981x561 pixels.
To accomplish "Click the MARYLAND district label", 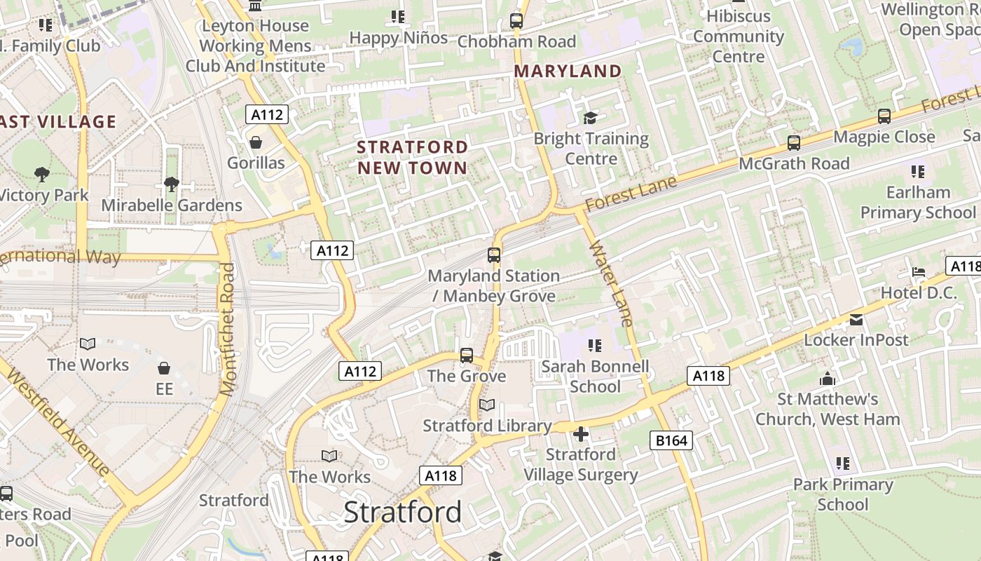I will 568,72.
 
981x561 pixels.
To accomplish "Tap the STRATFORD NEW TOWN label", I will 412,157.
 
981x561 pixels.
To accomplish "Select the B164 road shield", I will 671,440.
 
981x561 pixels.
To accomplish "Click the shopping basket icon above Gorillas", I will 256,142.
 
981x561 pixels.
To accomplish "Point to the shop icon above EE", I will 164,368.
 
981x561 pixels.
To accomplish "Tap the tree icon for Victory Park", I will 42,174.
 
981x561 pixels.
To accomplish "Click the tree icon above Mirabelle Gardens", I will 171,184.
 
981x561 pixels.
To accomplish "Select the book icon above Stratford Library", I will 487,405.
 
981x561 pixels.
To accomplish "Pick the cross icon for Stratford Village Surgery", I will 580,435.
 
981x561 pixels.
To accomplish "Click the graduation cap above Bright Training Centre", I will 591,118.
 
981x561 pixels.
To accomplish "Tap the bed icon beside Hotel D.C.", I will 919,272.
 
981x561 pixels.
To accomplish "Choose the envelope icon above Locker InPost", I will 856,320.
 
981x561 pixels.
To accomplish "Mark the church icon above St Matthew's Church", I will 828,379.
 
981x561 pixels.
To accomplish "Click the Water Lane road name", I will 612,283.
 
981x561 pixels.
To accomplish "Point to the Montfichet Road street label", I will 227,330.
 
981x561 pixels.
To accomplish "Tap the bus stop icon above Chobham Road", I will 516,21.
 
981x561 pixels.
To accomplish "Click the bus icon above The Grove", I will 467,356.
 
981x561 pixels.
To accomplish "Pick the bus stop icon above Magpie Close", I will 884,116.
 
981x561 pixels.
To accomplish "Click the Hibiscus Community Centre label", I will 739,36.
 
